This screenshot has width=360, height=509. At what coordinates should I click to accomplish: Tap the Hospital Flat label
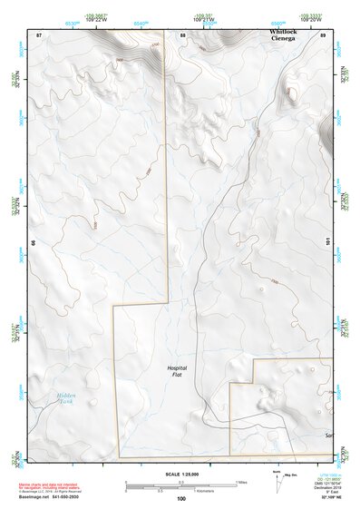[177, 370]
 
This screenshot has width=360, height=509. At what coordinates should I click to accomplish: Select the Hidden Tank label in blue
[66, 399]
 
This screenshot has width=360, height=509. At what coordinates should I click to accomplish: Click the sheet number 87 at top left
[39, 34]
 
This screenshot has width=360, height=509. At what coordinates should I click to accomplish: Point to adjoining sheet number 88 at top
[182, 34]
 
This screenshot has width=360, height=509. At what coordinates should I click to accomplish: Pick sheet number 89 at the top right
[323, 34]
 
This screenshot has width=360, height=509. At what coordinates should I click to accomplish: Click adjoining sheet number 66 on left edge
[33, 243]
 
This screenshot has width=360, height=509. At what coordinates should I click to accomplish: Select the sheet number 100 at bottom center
[181, 498]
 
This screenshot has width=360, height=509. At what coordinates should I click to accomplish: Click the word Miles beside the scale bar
[241, 482]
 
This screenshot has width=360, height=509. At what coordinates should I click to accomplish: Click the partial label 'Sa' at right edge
[328, 435]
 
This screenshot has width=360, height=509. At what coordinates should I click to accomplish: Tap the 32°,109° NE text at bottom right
[331, 498]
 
